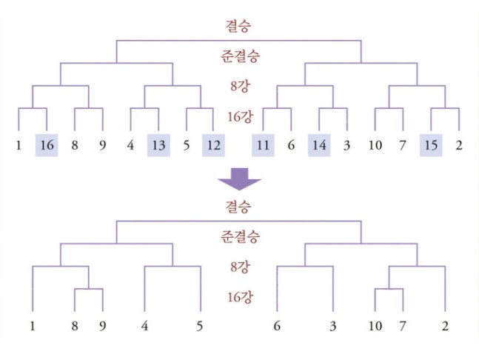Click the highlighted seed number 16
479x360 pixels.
pyautogui.click(x=47, y=145)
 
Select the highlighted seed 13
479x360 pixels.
pyautogui.click(x=158, y=145)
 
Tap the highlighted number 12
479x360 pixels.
pyautogui.click(x=213, y=145)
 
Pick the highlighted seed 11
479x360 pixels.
pyautogui.click(x=263, y=145)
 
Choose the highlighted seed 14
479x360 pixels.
pyautogui.click(x=319, y=145)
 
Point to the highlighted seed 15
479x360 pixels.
pyautogui.click(x=431, y=145)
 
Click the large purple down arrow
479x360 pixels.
pyautogui.click(x=240, y=179)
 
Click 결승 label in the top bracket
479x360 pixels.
pyautogui.click(x=238, y=26)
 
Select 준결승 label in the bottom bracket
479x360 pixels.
pyautogui.click(x=240, y=236)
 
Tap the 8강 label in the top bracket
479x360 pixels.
pyautogui.click(x=240, y=86)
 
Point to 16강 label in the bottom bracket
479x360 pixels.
pyautogui.click(x=241, y=297)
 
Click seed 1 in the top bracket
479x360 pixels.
pyautogui.click(x=19, y=145)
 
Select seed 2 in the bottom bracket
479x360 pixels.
pyautogui.click(x=445, y=326)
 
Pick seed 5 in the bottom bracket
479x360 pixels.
pyautogui.click(x=200, y=326)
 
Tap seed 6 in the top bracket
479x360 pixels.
pyautogui.click(x=291, y=145)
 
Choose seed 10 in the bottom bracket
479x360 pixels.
pyautogui.click(x=375, y=326)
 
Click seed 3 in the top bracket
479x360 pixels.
pyautogui.click(x=346, y=145)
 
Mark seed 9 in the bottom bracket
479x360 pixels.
pyautogui.click(x=103, y=326)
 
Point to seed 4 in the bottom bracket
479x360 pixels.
pyautogui.click(x=144, y=326)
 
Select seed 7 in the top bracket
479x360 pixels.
pyautogui.click(x=403, y=145)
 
